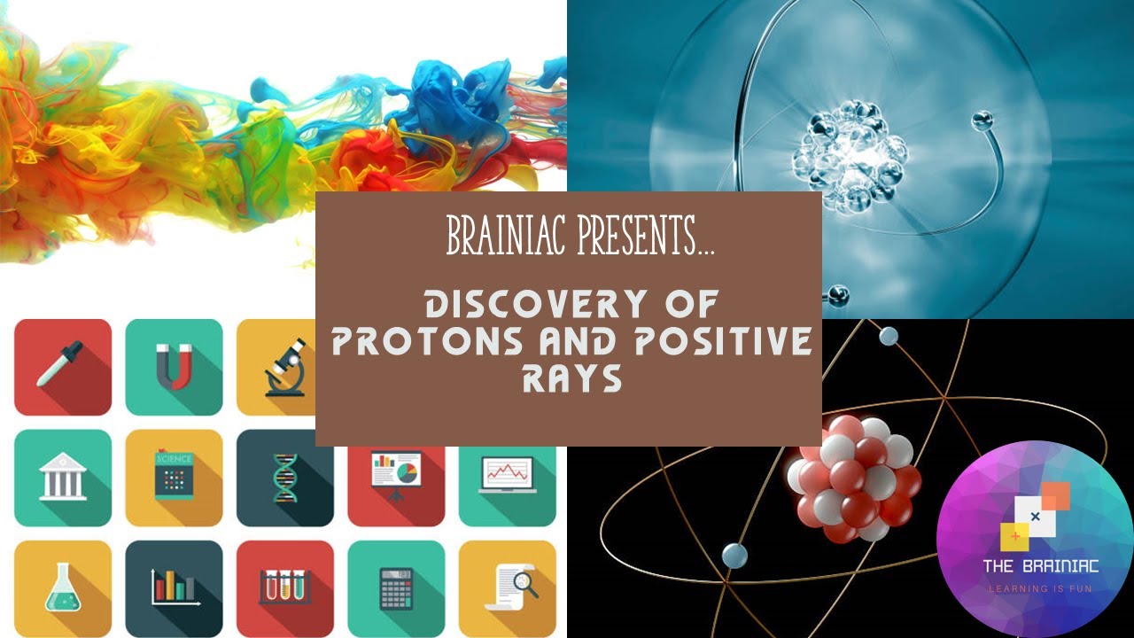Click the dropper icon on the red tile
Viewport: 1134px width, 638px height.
pos(60,366)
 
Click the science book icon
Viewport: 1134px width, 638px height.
pos(174,477)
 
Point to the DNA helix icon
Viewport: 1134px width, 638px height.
pos(285,478)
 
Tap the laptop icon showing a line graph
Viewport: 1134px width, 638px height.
pos(507,477)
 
